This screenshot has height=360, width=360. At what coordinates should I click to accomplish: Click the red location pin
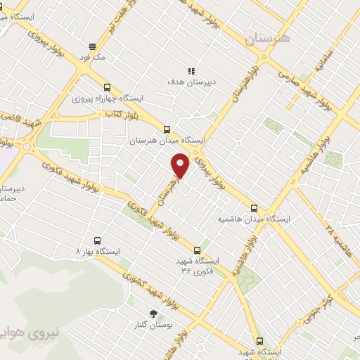click(x=181, y=165)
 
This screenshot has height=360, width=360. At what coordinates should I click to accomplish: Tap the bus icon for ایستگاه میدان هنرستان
click(x=167, y=129)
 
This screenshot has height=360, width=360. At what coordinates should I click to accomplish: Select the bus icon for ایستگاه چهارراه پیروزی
click(x=107, y=88)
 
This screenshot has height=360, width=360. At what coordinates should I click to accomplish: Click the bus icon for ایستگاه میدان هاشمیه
click(x=255, y=208)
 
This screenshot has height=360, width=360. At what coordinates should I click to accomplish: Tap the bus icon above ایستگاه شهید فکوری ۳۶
click(x=197, y=250)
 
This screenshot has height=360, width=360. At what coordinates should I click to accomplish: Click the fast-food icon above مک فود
click(x=92, y=46)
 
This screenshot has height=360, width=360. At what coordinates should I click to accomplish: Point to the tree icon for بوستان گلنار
click(x=153, y=314)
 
